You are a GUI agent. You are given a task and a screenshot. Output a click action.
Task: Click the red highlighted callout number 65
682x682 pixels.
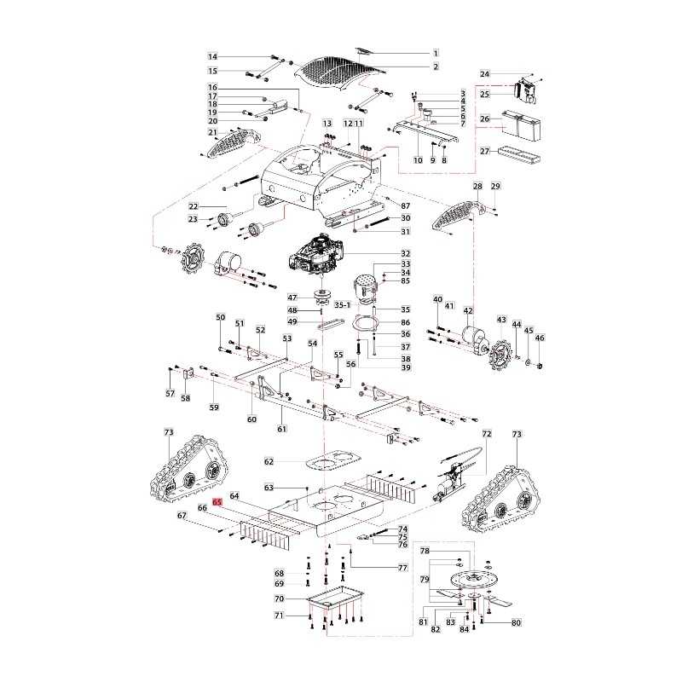coord(217,503)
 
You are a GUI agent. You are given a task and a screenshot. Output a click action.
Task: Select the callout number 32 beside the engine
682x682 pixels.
coord(406,254)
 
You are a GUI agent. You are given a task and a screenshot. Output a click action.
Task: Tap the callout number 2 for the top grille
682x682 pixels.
coord(436,66)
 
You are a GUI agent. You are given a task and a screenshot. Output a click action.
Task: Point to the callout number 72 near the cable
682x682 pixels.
coord(487,434)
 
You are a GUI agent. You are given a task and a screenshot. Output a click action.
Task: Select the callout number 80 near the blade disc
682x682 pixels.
coord(516,623)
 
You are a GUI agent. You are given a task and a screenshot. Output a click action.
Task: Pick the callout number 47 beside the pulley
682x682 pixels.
coord(292,297)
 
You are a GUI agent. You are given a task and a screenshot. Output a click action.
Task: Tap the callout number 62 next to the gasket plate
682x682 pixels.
coord(269,461)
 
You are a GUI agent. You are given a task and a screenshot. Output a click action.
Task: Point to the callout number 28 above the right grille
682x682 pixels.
coord(478,186)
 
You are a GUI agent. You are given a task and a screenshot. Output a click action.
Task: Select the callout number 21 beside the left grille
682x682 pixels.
coord(212,132)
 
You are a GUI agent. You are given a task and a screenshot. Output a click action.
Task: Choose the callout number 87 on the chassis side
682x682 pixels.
coord(405,206)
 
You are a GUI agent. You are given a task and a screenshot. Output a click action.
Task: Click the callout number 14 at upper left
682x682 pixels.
coord(213,56)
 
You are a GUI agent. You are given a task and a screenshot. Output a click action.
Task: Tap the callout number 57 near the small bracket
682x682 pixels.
coord(170,394)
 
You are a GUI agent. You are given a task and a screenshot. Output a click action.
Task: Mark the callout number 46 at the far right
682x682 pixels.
coord(539,338)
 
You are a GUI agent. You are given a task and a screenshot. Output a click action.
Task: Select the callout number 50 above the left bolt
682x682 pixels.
coord(221,317)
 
